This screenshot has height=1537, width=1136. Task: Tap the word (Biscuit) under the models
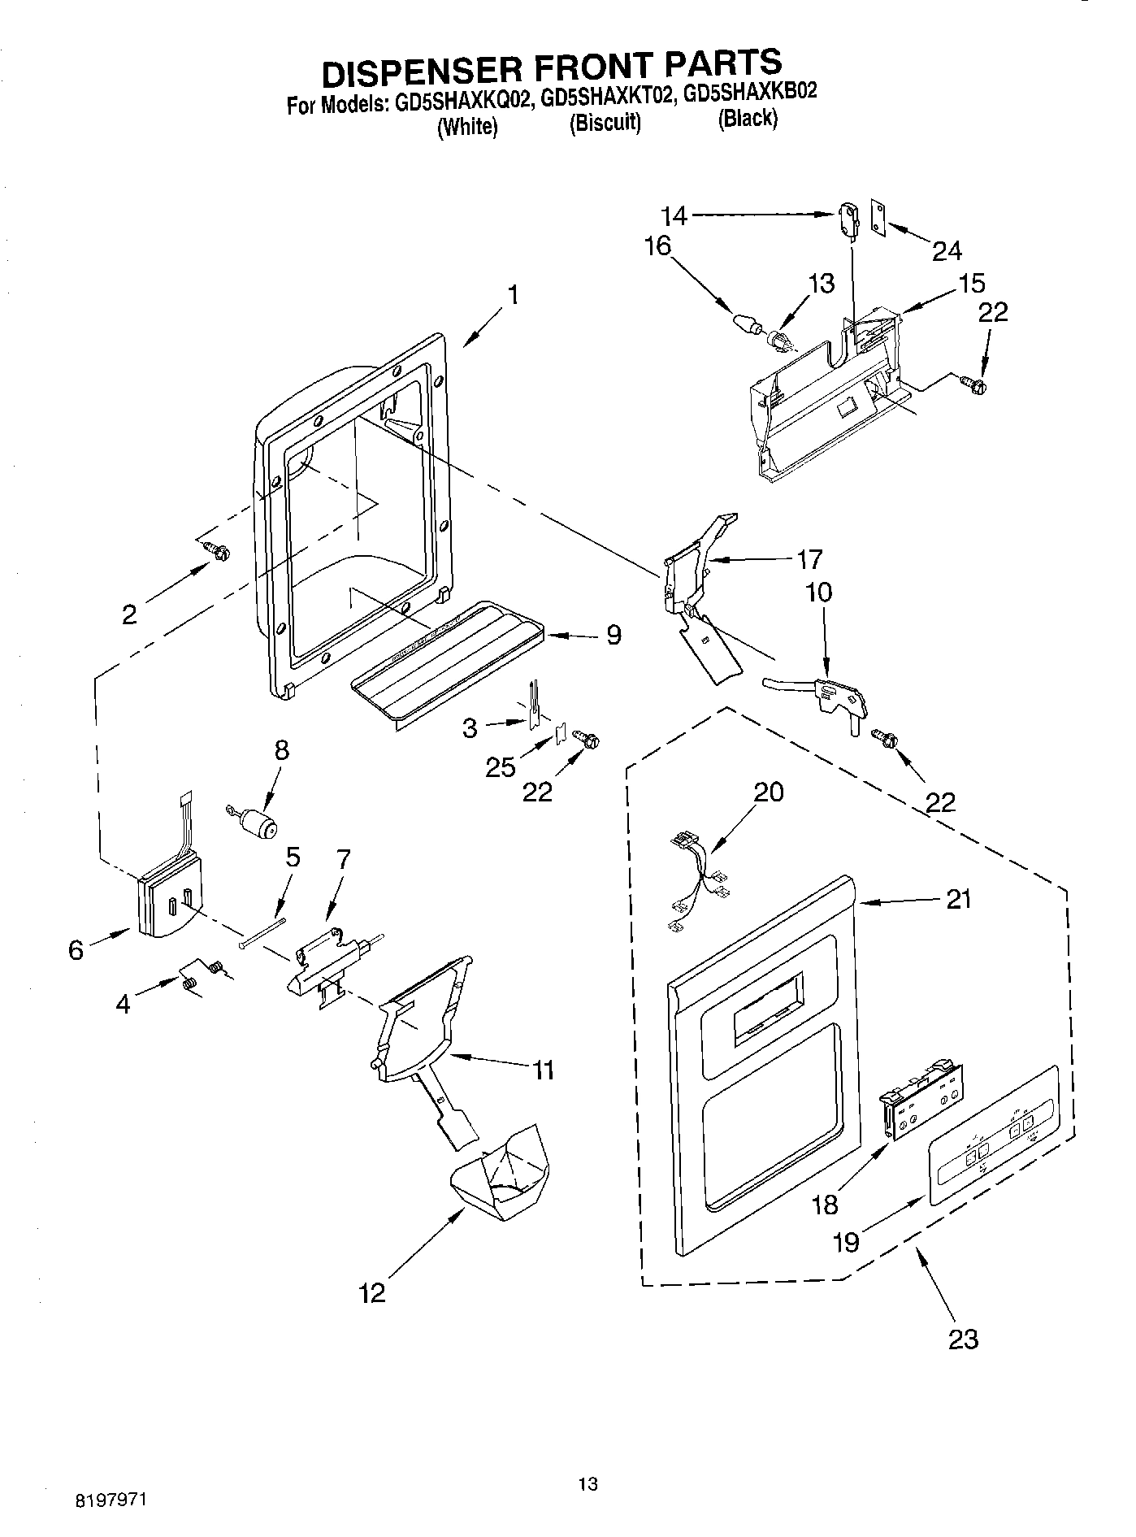coord(605,124)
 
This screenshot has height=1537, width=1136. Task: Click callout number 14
coord(674,215)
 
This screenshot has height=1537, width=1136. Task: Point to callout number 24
coord(947,250)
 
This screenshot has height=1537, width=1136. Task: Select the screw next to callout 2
coord(218,551)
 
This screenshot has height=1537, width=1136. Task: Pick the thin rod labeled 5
coord(262,932)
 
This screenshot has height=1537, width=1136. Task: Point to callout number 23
coord(963,1338)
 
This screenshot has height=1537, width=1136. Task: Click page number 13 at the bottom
coord(588,1484)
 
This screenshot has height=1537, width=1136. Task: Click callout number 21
coord(958,900)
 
